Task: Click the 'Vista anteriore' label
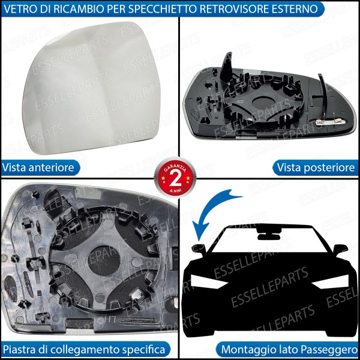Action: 38,167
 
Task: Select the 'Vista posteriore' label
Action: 315,167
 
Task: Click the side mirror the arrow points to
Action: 199,248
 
